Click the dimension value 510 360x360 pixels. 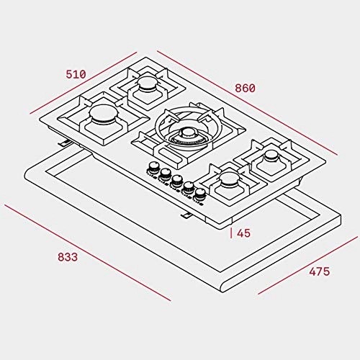click(76, 74)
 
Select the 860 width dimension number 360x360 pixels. click(245, 88)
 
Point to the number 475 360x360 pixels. click(319, 271)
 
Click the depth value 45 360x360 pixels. click(243, 233)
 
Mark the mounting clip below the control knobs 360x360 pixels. click(185, 215)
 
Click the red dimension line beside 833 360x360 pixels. click(86, 252)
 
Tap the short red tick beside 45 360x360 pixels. click(231, 233)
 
